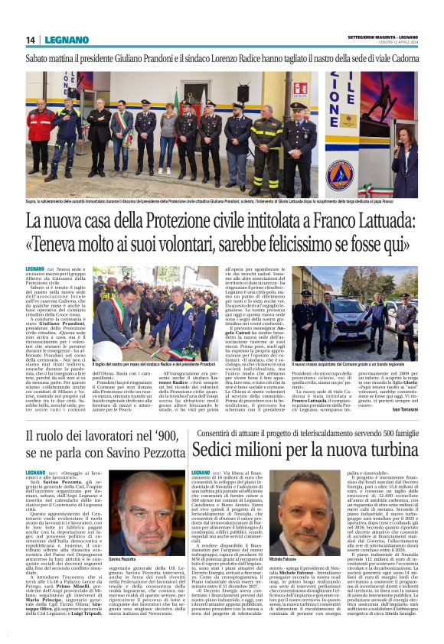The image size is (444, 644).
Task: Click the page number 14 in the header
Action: coord(31,40)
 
